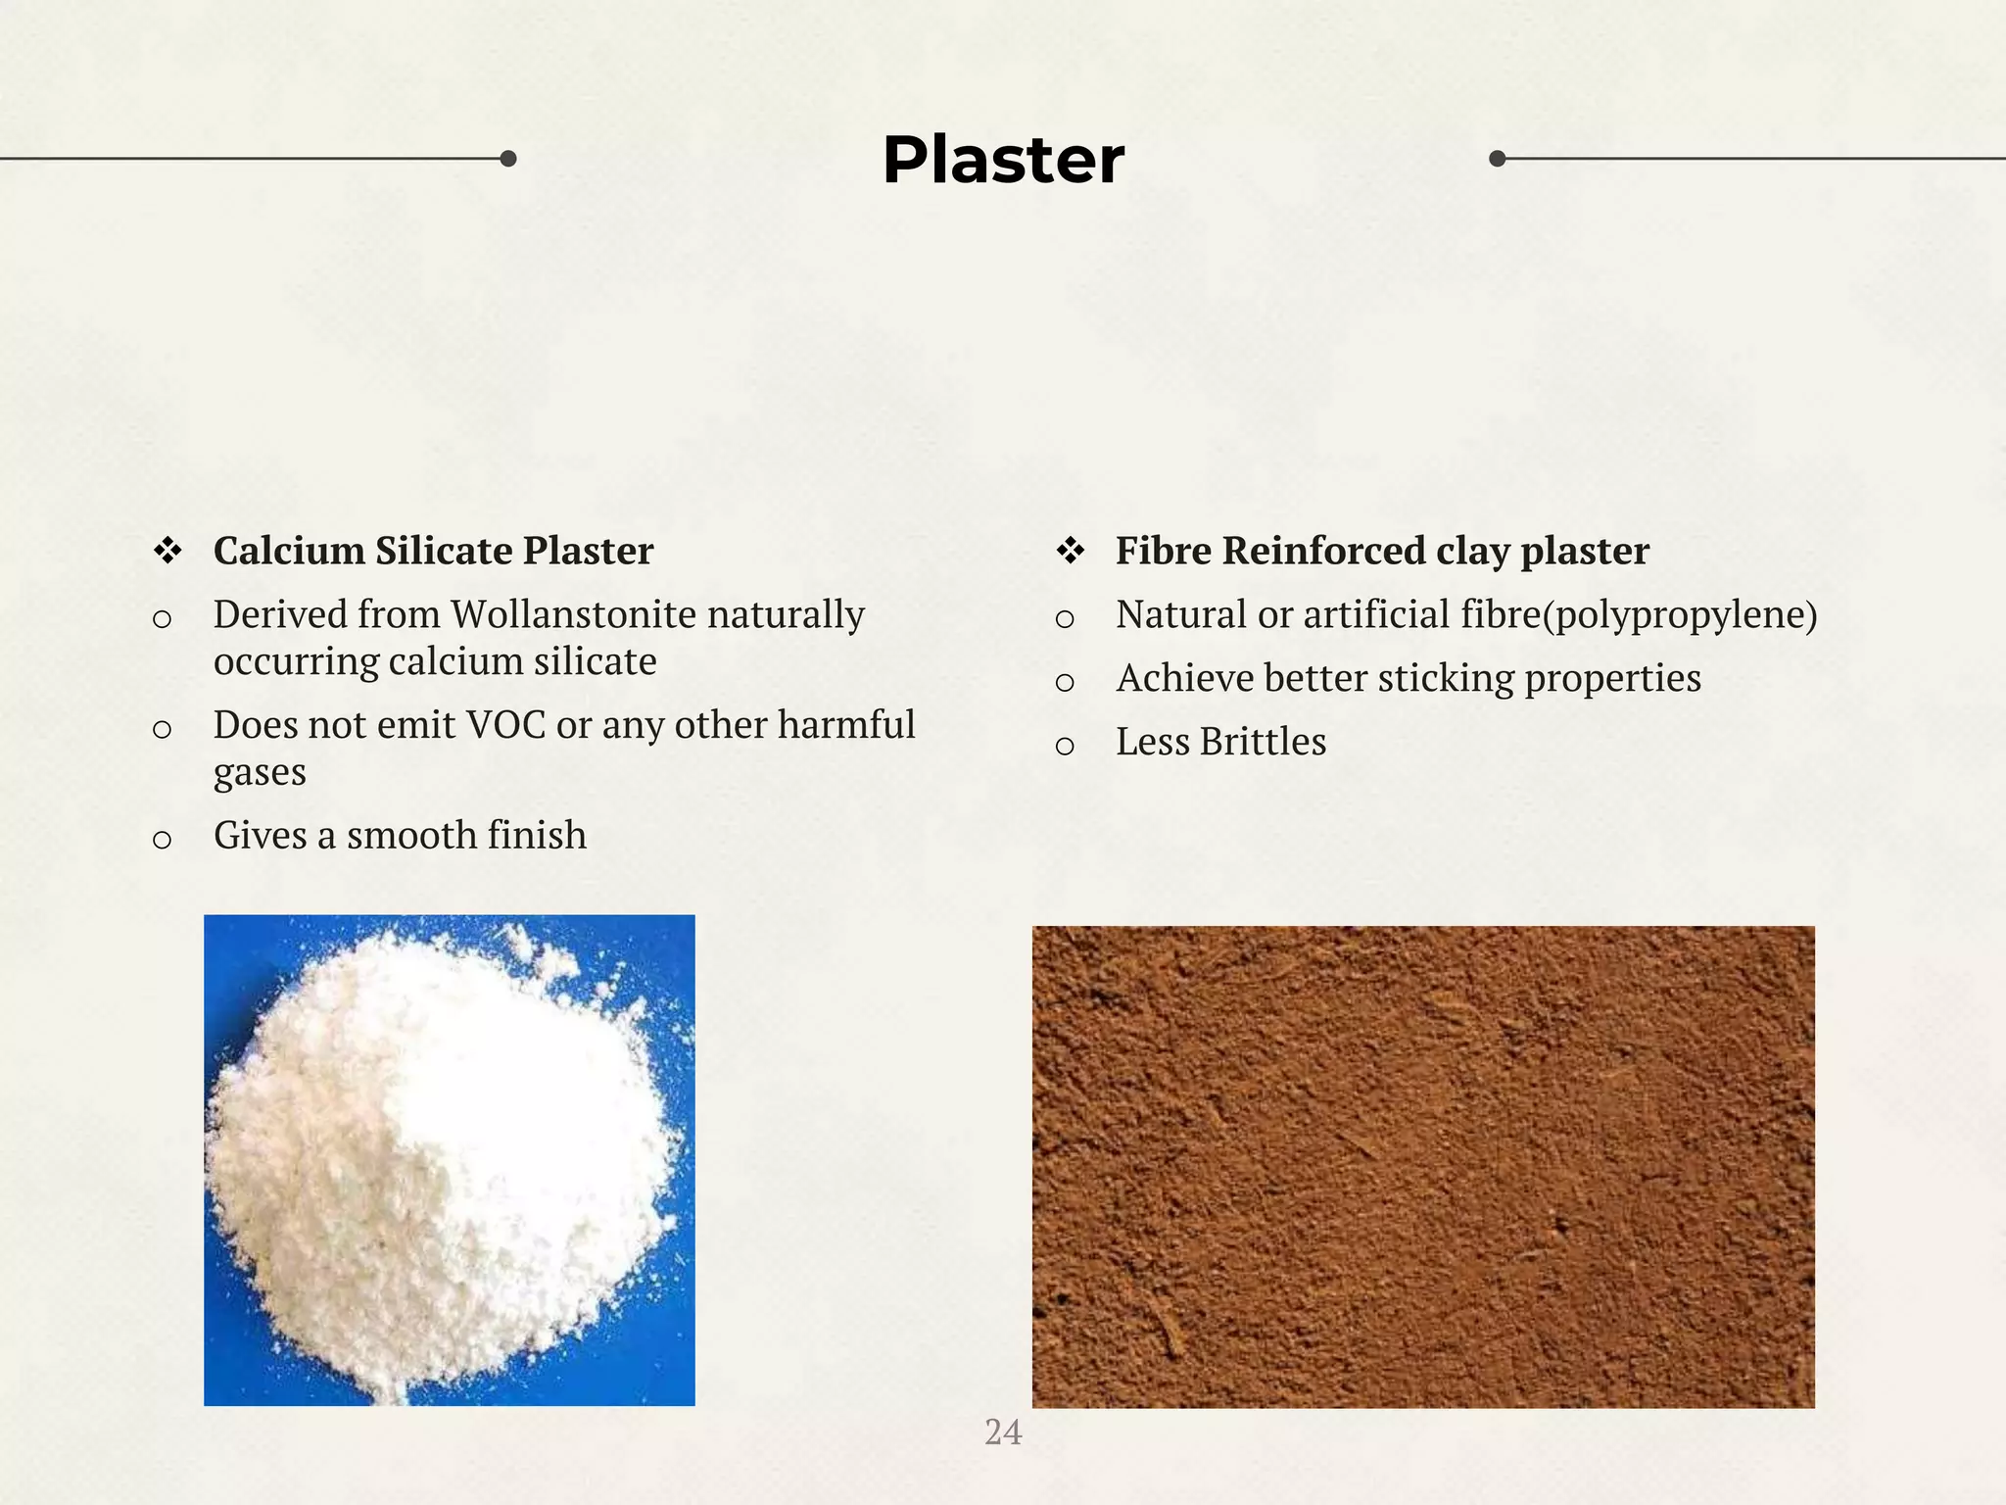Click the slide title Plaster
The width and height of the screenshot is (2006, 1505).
1003,160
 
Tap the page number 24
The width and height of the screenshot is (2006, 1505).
1003,1432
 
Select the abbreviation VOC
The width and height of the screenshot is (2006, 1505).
506,725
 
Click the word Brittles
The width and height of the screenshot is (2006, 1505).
1263,742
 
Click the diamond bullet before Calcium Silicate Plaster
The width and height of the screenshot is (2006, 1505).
167,551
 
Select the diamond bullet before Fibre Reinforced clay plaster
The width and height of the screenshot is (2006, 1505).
1071,551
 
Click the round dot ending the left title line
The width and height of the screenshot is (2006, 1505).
508,159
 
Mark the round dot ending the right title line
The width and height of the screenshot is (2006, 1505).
1497,159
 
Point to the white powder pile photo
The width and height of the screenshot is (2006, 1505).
450,1160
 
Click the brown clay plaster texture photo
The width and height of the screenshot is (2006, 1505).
1423,1167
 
